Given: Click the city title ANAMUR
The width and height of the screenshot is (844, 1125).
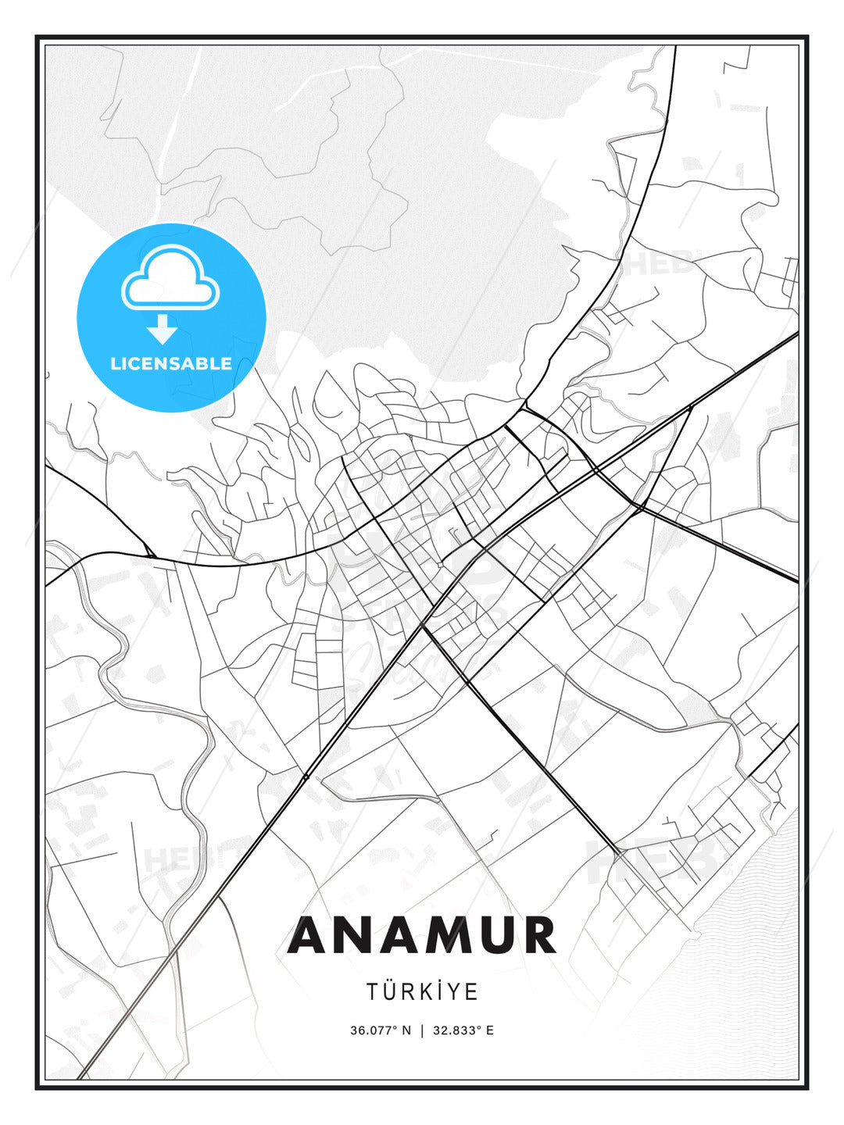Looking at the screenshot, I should (422, 936).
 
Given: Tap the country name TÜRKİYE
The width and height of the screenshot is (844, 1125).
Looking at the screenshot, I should (422, 992).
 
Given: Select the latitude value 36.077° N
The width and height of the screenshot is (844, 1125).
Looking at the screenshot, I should (380, 1030).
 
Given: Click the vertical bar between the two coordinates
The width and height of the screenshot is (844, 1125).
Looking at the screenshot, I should (422, 1030).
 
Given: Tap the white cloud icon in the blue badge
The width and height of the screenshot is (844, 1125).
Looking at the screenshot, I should (170, 280).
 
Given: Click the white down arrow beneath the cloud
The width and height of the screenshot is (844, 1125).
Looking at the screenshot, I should (163, 329).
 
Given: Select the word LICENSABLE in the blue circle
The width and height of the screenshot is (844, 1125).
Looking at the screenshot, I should (171, 363).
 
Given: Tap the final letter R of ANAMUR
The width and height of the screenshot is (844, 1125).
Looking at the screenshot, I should (539, 936).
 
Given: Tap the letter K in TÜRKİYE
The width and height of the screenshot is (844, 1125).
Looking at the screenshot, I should (425, 992).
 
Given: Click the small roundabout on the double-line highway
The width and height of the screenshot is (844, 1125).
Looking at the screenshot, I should (305, 777).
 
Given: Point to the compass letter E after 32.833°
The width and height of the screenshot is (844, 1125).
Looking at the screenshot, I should (490, 1030).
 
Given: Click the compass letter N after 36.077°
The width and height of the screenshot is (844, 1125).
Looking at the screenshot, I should (406, 1030).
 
